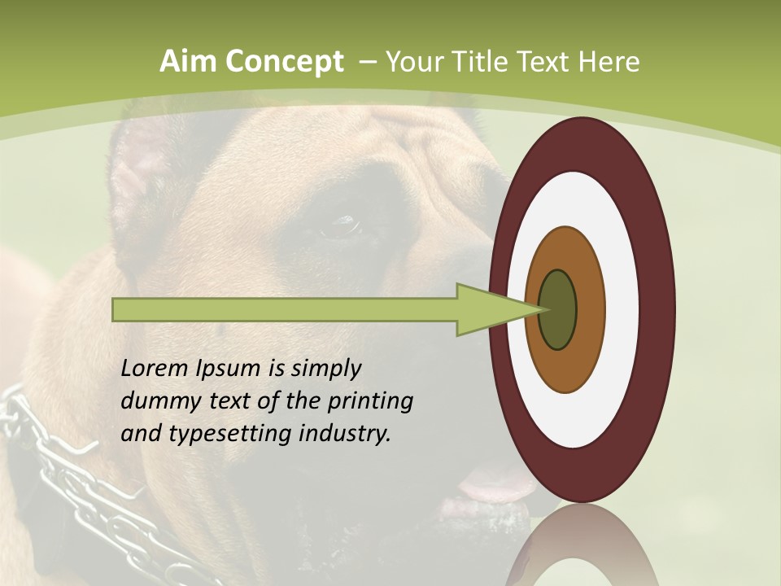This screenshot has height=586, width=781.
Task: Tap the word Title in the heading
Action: click(x=483, y=62)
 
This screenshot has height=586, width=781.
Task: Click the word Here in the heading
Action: click(x=609, y=62)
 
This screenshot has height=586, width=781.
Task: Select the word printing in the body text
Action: click(x=369, y=401)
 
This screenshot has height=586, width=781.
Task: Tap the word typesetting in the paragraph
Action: click(x=231, y=434)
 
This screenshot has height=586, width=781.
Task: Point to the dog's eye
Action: click(x=342, y=225)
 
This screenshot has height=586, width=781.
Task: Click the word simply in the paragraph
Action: click(x=325, y=369)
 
